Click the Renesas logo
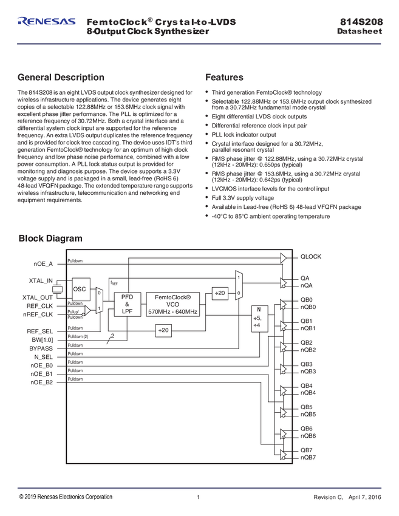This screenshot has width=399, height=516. pyautogui.click(x=47, y=22)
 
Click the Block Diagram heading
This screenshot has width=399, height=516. pyautogui.click(x=50, y=239)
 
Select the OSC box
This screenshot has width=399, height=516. pyautogui.click(x=80, y=289)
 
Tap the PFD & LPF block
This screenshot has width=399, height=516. pyautogui.click(x=127, y=304)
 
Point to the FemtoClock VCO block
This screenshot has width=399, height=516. pyautogui.click(x=172, y=304)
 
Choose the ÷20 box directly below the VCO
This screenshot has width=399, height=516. pyautogui.click(x=163, y=330)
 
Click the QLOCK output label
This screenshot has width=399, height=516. pyautogui.click(x=310, y=257)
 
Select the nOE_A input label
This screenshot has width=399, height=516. pyautogui.click(x=43, y=264)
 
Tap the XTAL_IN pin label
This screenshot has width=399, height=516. pyautogui.click(x=41, y=280)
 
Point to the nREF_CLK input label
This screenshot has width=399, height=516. pyautogui.click(x=38, y=314)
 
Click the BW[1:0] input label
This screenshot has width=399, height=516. pyautogui.click(x=43, y=340)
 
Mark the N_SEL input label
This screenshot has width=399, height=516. pyautogui.click(x=43, y=357)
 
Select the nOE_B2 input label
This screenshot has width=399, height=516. pyautogui.click(x=42, y=382)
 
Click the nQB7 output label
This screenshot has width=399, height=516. pyautogui.click(x=309, y=457)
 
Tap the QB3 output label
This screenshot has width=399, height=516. pyautogui.click(x=307, y=364)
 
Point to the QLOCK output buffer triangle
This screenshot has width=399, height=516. pyautogui.click(x=283, y=257)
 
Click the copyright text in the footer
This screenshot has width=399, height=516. pyautogui.click(x=66, y=497)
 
